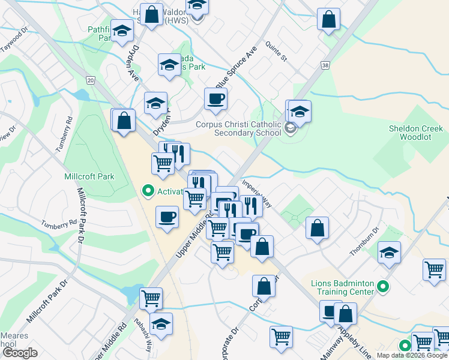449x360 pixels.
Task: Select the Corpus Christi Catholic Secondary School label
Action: (239, 129)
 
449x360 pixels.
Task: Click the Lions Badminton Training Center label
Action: (343, 287)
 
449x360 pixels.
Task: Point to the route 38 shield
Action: (325, 64)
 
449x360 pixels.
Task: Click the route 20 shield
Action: (90, 80)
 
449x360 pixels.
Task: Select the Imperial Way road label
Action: (257, 193)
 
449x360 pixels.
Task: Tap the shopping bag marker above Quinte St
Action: (329, 19)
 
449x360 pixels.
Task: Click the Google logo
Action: (20, 353)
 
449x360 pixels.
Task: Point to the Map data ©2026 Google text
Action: (412, 355)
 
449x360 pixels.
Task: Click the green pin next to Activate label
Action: (147, 191)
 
